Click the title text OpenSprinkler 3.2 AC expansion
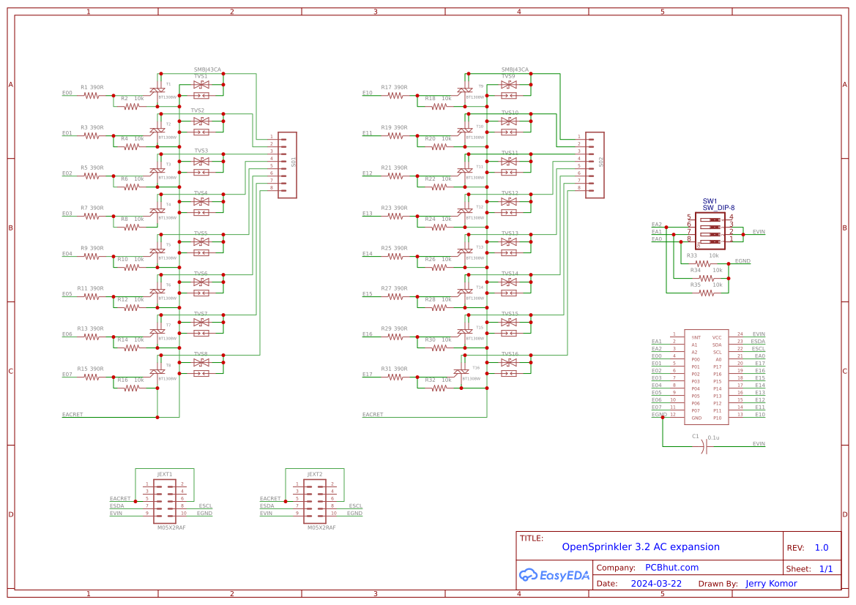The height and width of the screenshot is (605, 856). [640, 546]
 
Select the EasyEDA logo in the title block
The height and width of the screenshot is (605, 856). [554, 575]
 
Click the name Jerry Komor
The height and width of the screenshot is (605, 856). [771, 584]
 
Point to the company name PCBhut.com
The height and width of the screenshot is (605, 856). [671, 567]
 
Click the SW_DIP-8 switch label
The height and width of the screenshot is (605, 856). [718, 208]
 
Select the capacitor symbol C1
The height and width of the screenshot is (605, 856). [704, 444]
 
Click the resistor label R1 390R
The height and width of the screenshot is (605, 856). [92, 87]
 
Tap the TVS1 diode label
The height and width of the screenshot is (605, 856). [201, 76]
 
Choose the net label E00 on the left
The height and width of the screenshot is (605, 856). [67, 93]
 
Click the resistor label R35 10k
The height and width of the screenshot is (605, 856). [706, 284]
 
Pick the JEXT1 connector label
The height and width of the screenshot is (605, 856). [165, 474]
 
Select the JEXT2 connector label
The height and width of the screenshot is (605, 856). [315, 474]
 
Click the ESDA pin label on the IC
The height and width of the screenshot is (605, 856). [758, 342]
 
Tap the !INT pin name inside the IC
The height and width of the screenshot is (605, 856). [696, 337]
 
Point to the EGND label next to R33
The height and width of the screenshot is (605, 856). [743, 261]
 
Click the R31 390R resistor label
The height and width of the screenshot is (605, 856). [394, 369]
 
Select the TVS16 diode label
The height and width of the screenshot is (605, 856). [510, 354]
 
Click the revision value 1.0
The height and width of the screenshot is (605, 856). [822, 548]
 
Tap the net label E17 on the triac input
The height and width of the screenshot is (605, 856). [368, 375]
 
